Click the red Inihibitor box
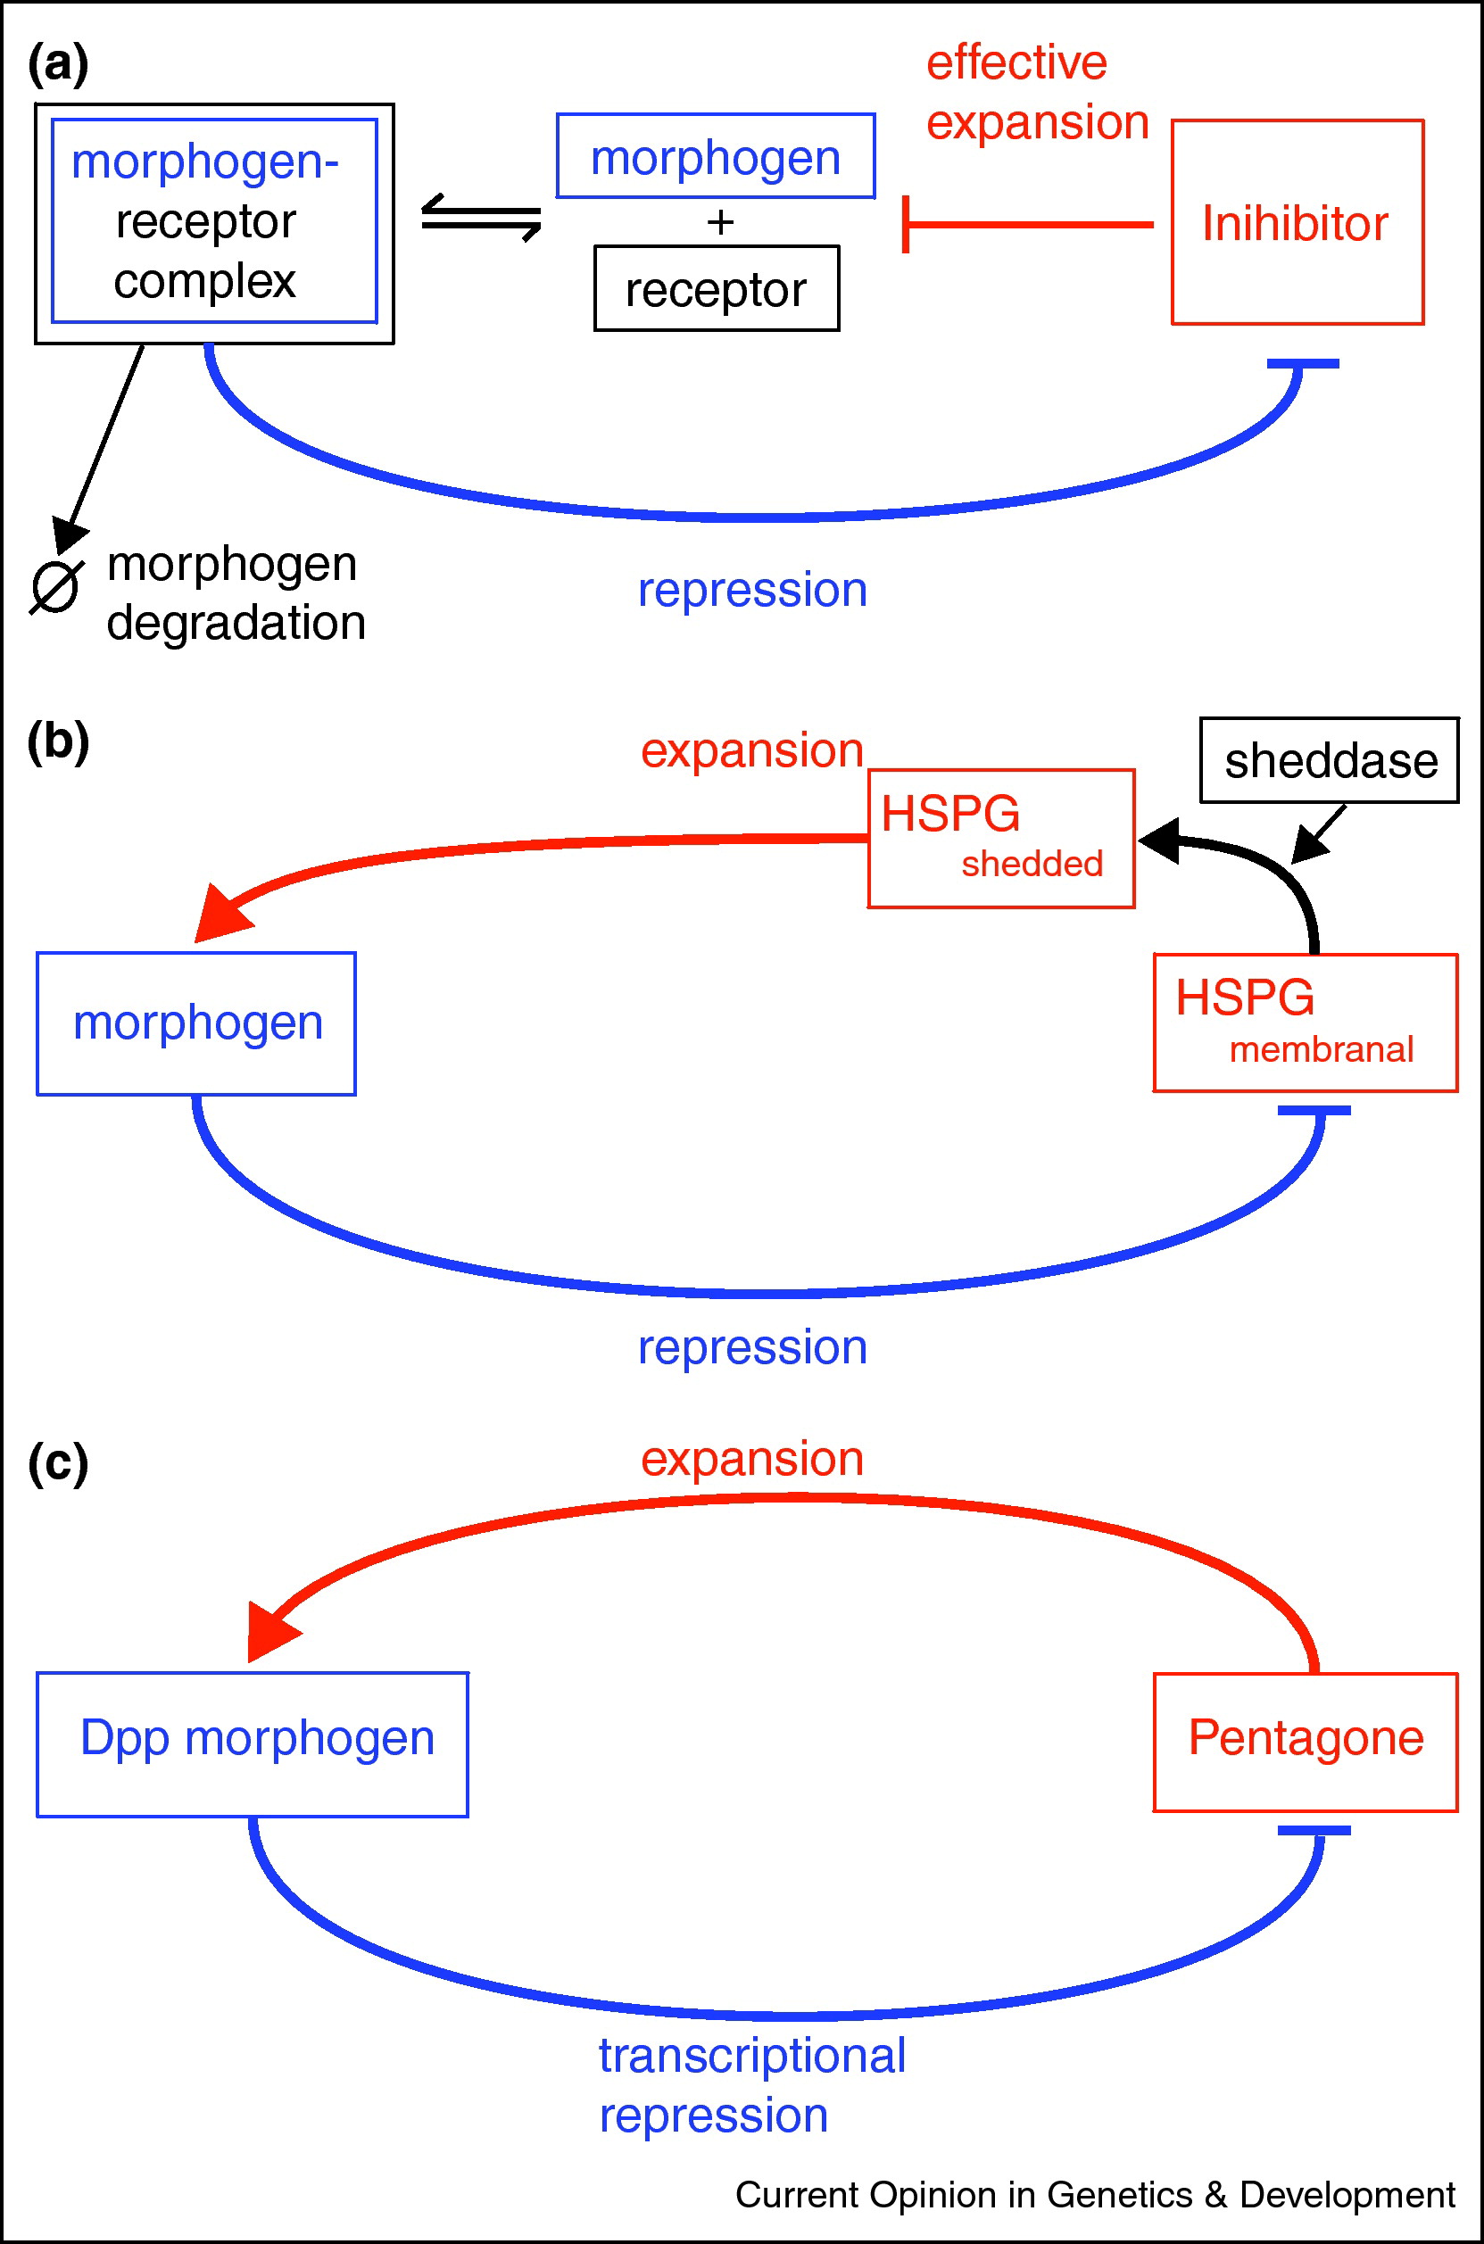coord(1297,222)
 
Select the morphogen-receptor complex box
coord(214,223)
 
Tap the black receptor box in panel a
coord(717,288)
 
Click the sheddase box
coord(1329,760)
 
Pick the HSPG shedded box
coord(1000,838)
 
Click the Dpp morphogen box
coord(253,1743)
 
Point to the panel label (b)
coord(58,741)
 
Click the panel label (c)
coord(58,1462)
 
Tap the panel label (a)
coord(58,64)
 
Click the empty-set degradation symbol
coord(55,587)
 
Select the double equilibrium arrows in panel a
coord(481,218)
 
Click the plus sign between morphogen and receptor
coord(720,222)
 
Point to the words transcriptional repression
coord(751,2085)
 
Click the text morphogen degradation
coord(235,593)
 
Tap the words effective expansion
coord(1036,93)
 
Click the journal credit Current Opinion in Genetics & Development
coord(1094,2195)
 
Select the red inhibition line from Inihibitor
coord(1029,225)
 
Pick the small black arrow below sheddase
coord(1317,833)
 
